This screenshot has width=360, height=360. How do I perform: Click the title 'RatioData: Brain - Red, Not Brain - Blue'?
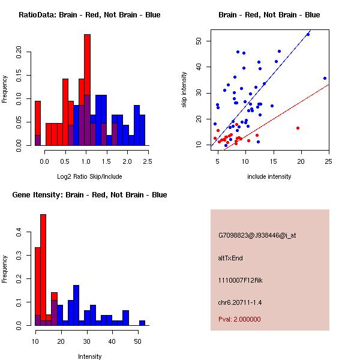(89, 15)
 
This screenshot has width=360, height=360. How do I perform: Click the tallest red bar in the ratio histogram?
(87, 90)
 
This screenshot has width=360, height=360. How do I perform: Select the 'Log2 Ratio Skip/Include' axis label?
(89, 176)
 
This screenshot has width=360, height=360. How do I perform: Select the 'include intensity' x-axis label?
(269, 176)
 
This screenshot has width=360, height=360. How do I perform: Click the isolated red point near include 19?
(298, 128)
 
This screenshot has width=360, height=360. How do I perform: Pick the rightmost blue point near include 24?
(325, 78)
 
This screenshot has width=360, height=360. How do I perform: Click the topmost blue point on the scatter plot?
(308, 34)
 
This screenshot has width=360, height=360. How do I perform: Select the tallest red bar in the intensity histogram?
(43, 269)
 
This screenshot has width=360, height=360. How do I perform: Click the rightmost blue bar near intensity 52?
(142, 322)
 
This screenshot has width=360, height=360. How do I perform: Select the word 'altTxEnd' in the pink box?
(230, 258)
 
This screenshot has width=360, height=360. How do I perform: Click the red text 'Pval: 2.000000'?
(239, 319)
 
